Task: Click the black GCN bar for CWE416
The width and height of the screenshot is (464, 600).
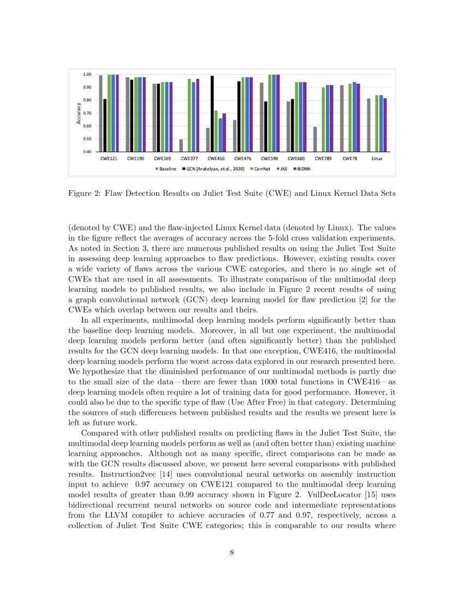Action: pyautogui.click(x=212, y=113)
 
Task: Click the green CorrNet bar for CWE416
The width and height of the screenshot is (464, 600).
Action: pyautogui.click(x=216, y=131)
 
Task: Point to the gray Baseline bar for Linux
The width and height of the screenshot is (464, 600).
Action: pyautogui.click(x=368, y=124)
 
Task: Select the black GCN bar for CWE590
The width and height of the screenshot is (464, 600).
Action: pyautogui.click(x=265, y=126)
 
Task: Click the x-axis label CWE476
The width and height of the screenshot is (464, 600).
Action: pyautogui.click(x=242, y=159)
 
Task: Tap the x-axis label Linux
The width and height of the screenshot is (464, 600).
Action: pyautogui.click(x=376, y=159)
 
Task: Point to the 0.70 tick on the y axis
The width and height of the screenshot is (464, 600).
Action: pyautogui.click(x=86, y=113)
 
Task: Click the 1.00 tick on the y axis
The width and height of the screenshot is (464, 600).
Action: pyautogui.click(x=86, y=74)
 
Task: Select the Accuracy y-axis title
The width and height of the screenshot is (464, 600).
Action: pyautogui.click(x=79, y=113)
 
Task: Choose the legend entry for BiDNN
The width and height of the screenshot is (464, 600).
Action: pyautogui.click(x=300, y=169)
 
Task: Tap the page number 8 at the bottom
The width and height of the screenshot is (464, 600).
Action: pyautogui.click(x=232, y=553)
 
